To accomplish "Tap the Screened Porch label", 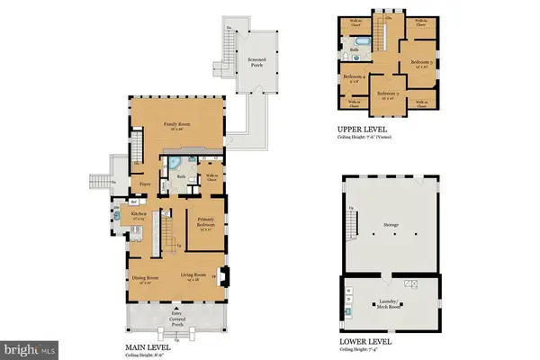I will pos(249,61).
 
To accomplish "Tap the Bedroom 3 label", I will pos(423,63).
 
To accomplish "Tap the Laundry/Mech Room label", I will pos(390,306).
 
